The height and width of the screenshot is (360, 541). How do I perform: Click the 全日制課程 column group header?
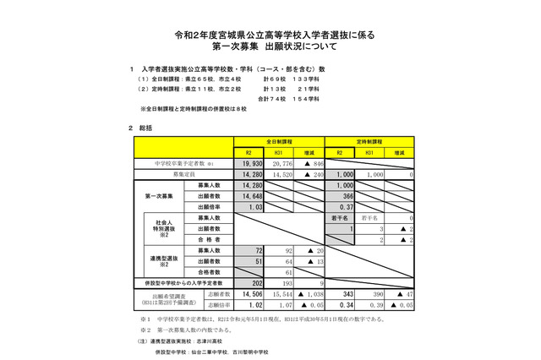coord(280,142)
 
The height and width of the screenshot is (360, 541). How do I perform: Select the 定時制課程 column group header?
coord(369,142)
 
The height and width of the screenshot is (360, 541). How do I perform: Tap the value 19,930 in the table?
coord(249,162)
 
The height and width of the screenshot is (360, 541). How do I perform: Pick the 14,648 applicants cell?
coord(249,195)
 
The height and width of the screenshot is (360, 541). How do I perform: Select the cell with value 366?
coord(343,195)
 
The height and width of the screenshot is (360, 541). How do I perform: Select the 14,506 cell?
coord(249,294)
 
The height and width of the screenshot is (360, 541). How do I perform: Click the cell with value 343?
coord(342,294)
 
